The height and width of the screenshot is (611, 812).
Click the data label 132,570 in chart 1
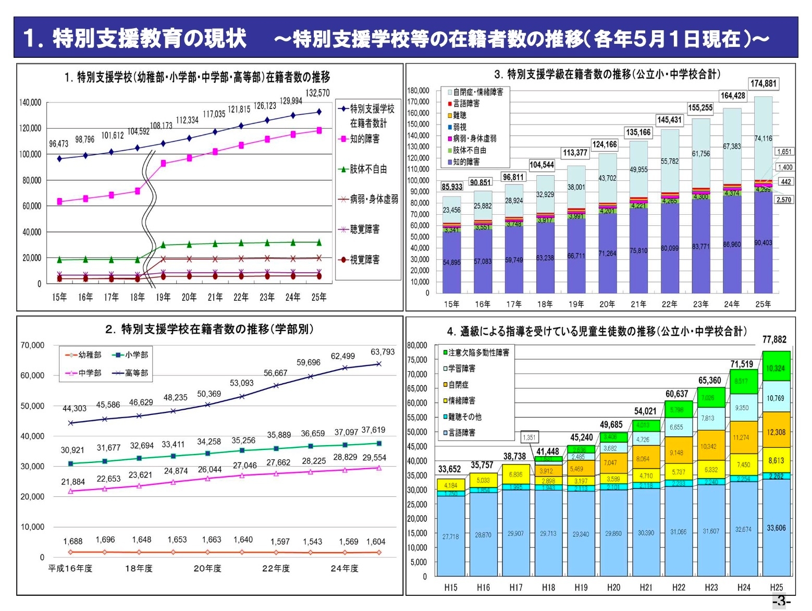pos(317,93)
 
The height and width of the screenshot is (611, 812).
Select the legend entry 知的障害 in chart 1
pos(364,139)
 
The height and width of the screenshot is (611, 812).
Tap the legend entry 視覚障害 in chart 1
pos(364,260)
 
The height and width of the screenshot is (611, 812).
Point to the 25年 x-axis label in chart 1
pos(319,297)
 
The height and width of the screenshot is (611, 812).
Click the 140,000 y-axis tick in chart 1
pos(30,102)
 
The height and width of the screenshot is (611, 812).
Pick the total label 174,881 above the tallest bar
pos(763,83)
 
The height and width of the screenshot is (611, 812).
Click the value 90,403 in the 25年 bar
pos(763,243)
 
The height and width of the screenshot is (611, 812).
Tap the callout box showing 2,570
pos(783,200)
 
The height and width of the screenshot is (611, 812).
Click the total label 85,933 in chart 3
pos(452,187)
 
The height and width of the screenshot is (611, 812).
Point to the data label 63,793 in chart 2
pos(383,352)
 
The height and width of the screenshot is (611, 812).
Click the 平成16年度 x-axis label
pos(70,568)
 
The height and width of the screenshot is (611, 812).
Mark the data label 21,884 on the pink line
pos(73,482)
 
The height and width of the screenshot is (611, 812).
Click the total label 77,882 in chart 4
pos(774,340)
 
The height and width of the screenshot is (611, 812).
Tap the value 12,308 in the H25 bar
pos(776,432)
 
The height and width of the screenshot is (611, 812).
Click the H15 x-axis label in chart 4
pos(451,588)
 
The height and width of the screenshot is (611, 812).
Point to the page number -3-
pos(781,601)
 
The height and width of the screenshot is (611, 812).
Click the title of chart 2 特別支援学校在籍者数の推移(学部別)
pos(210,329)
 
